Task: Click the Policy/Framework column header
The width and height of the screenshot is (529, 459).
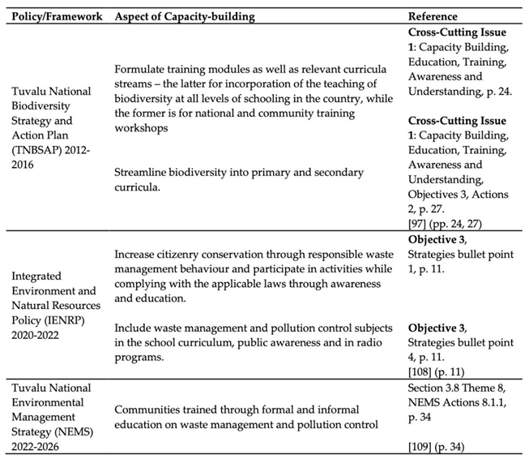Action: click(x=53, y=16)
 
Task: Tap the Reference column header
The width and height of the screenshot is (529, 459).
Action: click(x=433, y=16)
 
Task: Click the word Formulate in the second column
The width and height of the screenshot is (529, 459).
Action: click(x=141, y=70)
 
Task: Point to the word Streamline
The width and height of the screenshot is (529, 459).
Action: click(x=143, y=172)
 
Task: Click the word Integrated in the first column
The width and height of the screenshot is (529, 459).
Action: click(x=36, y=277)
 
